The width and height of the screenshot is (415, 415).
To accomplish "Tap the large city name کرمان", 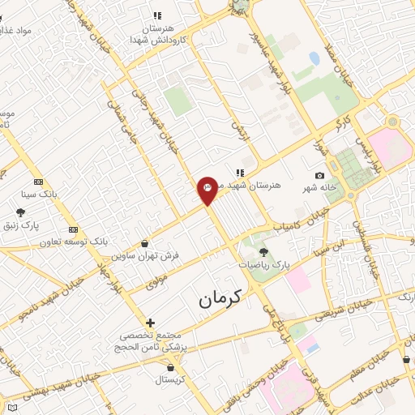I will (x=220, y=299).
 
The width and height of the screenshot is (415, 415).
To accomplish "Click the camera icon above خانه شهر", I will (x=320, y=176).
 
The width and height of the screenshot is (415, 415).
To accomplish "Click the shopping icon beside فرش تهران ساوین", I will (x=144, y=243).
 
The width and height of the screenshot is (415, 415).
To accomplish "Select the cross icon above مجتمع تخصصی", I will (x=150, y=323).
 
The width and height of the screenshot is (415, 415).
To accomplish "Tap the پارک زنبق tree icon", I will (x=20, y=212).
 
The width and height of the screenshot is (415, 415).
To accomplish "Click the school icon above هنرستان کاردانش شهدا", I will (x=157, y=15).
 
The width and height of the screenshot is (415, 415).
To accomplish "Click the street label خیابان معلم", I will (x=369, y=368).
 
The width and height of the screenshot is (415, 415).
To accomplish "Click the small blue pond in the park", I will (x=314, y=58).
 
